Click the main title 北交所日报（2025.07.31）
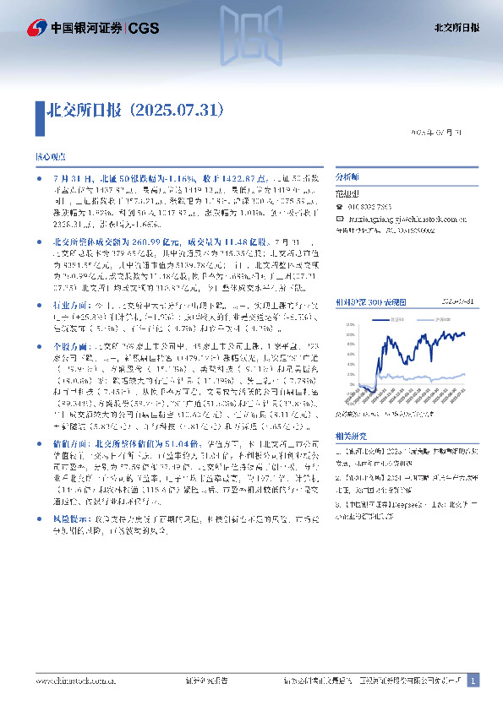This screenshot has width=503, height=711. (134, 110)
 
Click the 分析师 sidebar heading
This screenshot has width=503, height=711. (347, 178)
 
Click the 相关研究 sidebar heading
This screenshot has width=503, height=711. (350, 435)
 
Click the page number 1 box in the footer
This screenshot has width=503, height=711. (473, 681)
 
